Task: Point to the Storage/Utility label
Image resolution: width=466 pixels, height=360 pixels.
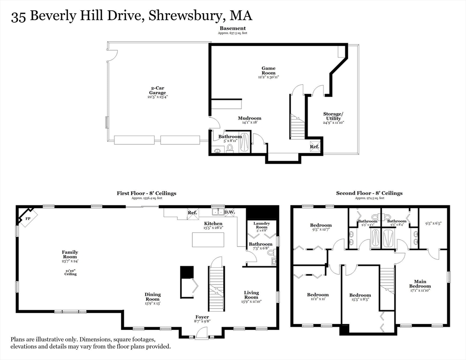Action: tap(333, 116)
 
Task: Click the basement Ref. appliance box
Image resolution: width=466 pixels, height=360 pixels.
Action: tap(315, 147)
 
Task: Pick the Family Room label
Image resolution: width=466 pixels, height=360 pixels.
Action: tap(70, 255)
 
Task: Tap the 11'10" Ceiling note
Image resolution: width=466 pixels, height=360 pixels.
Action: tap(70, 272)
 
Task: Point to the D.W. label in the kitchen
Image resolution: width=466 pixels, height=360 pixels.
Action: tap(229, 212)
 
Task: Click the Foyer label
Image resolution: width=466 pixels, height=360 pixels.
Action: tap(203, 317)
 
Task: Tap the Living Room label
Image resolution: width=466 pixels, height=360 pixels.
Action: tap(251, 295)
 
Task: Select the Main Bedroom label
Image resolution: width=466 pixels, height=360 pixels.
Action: tap(420, 284)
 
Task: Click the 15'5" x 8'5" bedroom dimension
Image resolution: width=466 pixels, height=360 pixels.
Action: tap(360, 300)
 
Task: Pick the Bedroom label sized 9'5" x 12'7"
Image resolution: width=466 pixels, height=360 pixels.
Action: tap(321, 225)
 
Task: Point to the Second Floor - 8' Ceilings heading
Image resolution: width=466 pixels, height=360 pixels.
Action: tap(369, 193)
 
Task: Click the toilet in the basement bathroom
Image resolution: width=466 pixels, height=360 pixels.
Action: tap(230, 148)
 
